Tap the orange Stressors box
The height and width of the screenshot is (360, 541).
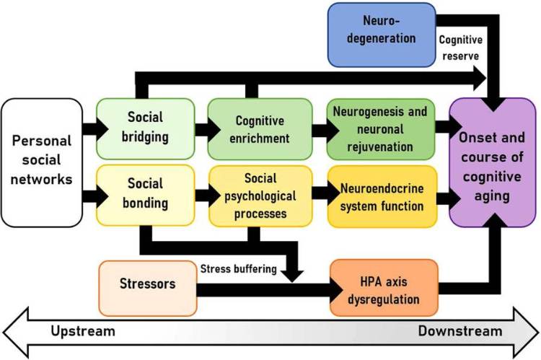pyautogui.click(x=146, y=284)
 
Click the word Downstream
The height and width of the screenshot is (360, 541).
pyautogui.click(x=459, y=331)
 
